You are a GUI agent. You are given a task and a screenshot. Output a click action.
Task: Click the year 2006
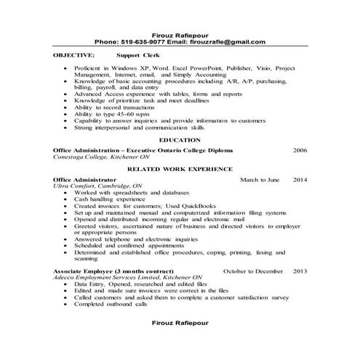[x=300, y=149]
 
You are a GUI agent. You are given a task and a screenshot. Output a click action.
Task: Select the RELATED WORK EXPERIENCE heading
[x=179, y=167]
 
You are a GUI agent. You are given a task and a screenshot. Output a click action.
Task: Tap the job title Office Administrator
[x=84, y=178]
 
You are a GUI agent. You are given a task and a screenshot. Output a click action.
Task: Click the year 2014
[x=300, y=178]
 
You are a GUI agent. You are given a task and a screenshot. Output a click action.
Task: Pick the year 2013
[x=300, y=271]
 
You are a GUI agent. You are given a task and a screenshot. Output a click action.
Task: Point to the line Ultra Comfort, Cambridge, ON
[x=93, y=185]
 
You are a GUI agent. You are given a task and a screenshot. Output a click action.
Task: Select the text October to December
[x=253, y=271]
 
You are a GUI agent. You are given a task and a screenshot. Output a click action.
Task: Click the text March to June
[x=259, y=178]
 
